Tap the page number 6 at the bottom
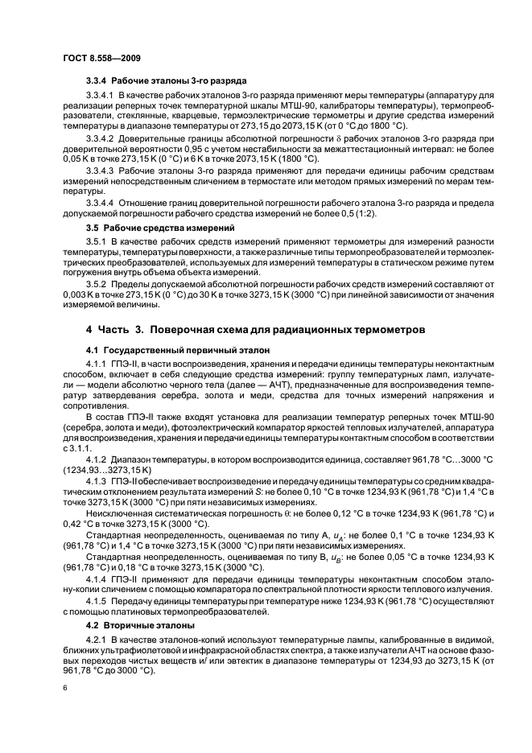click(64, 689)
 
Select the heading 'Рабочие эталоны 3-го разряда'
click(177, 82)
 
